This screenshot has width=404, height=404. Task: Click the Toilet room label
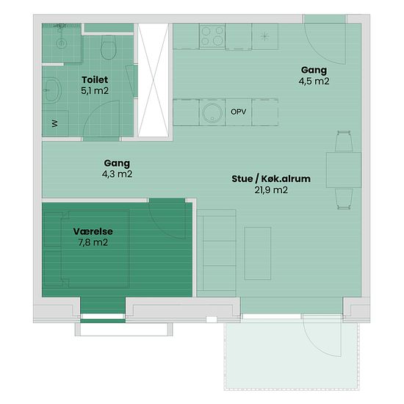95,79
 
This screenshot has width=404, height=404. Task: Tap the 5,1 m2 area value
95,90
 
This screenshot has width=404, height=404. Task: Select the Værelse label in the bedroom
93,231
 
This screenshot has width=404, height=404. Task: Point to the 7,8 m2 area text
93,242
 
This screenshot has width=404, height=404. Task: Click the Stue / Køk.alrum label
271,178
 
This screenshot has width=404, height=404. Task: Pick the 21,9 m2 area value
271,190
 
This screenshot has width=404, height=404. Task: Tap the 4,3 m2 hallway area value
117,174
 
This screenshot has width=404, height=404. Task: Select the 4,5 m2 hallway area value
314,81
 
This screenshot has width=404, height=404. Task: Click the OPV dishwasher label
238,112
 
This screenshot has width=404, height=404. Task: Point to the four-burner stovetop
212,36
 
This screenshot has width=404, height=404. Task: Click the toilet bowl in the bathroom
109,48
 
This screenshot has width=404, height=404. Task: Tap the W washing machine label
55,123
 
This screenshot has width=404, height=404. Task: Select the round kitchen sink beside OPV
212,113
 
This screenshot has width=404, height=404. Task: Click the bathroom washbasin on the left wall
52,90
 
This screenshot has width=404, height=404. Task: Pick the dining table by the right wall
344,170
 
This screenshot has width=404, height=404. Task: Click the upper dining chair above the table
344,141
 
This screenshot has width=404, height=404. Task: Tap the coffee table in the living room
258,253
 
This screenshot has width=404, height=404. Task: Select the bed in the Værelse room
87,249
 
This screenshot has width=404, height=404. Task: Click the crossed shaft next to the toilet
153,80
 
